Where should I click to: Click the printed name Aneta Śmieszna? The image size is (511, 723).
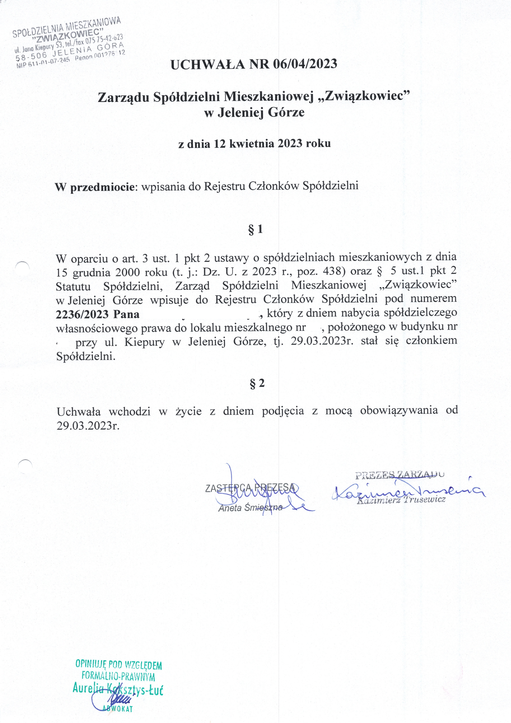(x=250, y=508)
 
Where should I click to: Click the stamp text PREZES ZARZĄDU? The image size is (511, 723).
(x=399, y=475)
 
